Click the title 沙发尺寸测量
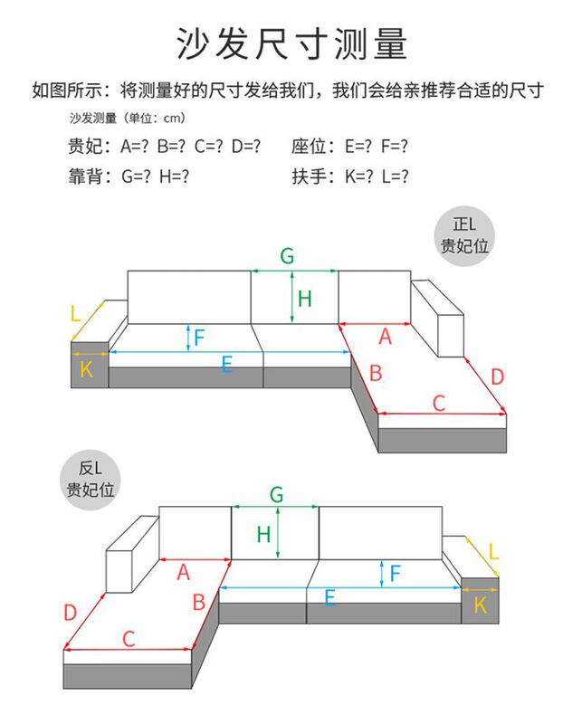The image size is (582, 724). point(291,43)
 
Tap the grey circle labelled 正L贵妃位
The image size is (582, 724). point(468,233)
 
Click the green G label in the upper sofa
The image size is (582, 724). point(287,256)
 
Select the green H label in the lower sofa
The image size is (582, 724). point(263,534)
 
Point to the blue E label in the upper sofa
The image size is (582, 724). point(226,364)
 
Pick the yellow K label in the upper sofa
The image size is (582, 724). point(87,368)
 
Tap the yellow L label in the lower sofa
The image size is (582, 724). point(493,551)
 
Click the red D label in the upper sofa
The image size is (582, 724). point(498,376)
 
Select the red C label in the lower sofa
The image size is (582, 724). point(129,638)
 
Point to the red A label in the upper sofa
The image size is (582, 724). point(386,337)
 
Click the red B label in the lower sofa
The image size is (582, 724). point(199,602)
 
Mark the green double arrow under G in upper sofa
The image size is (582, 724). point(294,271)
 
